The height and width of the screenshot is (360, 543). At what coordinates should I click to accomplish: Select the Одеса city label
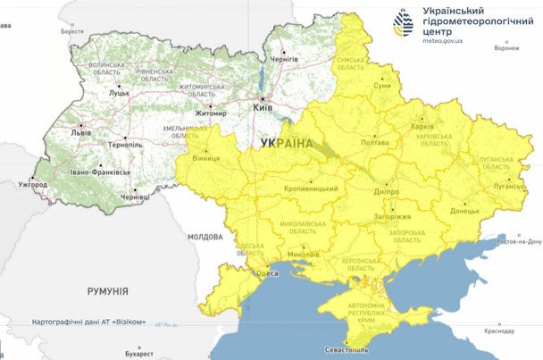tap(267, 273)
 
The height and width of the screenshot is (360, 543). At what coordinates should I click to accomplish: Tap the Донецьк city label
tap(464, 212)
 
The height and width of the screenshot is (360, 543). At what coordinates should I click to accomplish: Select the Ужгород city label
tap(32, 184)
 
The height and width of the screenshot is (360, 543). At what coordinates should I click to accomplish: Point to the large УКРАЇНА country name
tap(287, 143)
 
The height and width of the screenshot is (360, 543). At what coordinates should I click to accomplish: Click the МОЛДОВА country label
tap(205, 237)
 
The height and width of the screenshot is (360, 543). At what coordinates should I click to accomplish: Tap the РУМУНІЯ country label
tap(107, 291)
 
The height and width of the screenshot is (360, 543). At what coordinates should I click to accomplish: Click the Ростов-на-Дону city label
tap(519, 241)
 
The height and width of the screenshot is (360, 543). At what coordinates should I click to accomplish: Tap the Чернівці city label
tap(135, 197)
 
